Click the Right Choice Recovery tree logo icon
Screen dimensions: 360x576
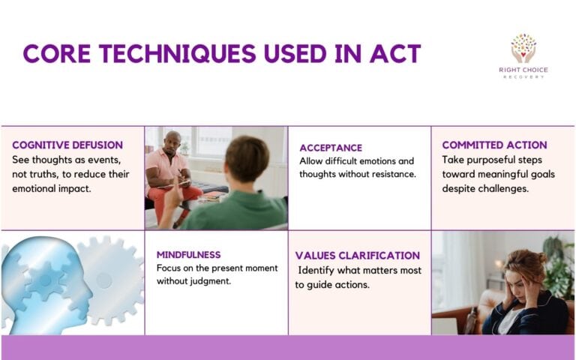point(523,48)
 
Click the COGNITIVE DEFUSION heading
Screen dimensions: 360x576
point(67,145)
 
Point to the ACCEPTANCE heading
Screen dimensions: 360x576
point(331,148)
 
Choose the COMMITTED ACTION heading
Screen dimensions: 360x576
point(494,145)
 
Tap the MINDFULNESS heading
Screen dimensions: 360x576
point(188,254)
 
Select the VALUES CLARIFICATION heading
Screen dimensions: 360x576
point(358,256)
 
